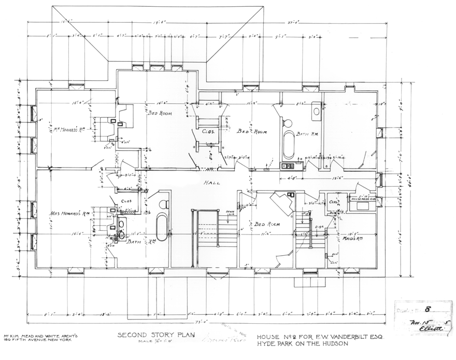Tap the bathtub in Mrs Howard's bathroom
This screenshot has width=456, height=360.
[162, 227]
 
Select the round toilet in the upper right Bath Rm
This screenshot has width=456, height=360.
[287, 123]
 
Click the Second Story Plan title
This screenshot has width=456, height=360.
[148, 335]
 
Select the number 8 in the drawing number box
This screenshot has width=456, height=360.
[428, 308]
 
